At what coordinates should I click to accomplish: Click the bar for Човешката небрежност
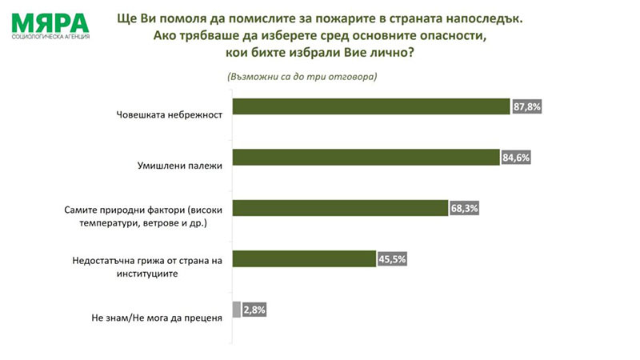click(x=370, y=107)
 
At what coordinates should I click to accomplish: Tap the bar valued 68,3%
click(x=340, y=208)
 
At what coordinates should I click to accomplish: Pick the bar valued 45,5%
click(x=304, y=258)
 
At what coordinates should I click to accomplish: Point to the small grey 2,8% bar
click(x=236, y=309)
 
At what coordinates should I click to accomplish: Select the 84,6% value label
click(x=516, y=158)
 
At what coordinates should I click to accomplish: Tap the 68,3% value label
click(x=464, y=208)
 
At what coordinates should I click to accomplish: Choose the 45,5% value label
click(x=392, y=258)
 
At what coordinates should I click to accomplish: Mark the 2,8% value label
click(x=254, y=309)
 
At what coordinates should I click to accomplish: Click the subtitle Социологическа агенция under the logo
click(x=50, y=37)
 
